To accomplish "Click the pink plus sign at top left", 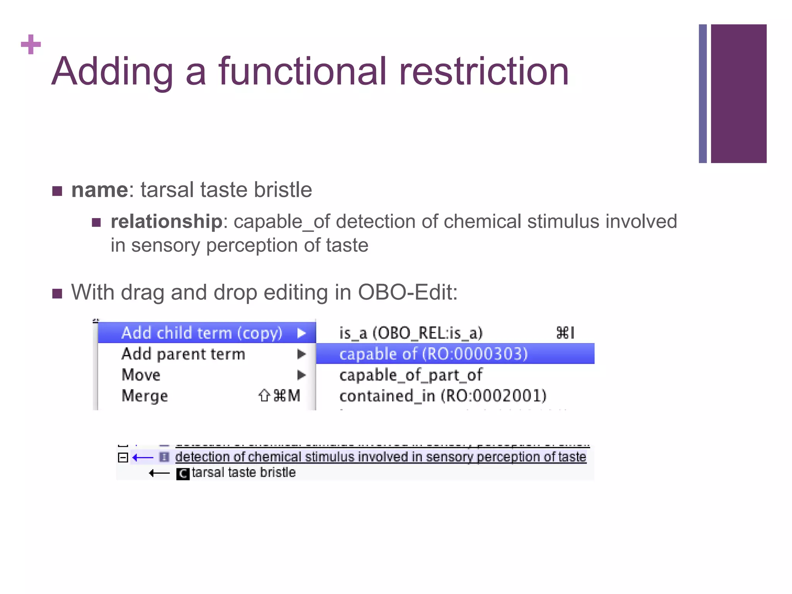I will click(31, 44).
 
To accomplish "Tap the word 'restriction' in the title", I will click(483, 72).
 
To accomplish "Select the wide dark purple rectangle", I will click(739, 94).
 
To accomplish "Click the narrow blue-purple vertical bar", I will click(703, 94).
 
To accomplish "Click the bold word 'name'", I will click(100, 190).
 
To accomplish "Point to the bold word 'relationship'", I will click(166, 222).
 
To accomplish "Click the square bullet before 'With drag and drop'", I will click(57, 294).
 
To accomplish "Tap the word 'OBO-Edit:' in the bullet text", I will click(408, 292).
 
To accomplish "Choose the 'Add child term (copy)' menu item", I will click(202, 333).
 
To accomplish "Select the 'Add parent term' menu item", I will click(183, 354).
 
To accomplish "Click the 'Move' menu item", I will click(141, 375).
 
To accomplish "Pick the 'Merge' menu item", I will click(145, 396).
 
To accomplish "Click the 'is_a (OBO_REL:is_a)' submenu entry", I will click(411, 333).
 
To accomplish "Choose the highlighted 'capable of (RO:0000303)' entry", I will click(434, 354).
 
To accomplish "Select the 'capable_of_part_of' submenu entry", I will click(411, 375).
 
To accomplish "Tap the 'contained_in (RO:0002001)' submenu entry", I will click(443, 396).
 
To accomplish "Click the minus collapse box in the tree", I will click(123, 457).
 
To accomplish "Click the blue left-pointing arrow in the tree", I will click(143, 458).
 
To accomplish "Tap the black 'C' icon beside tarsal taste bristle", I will click(183, 473).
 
